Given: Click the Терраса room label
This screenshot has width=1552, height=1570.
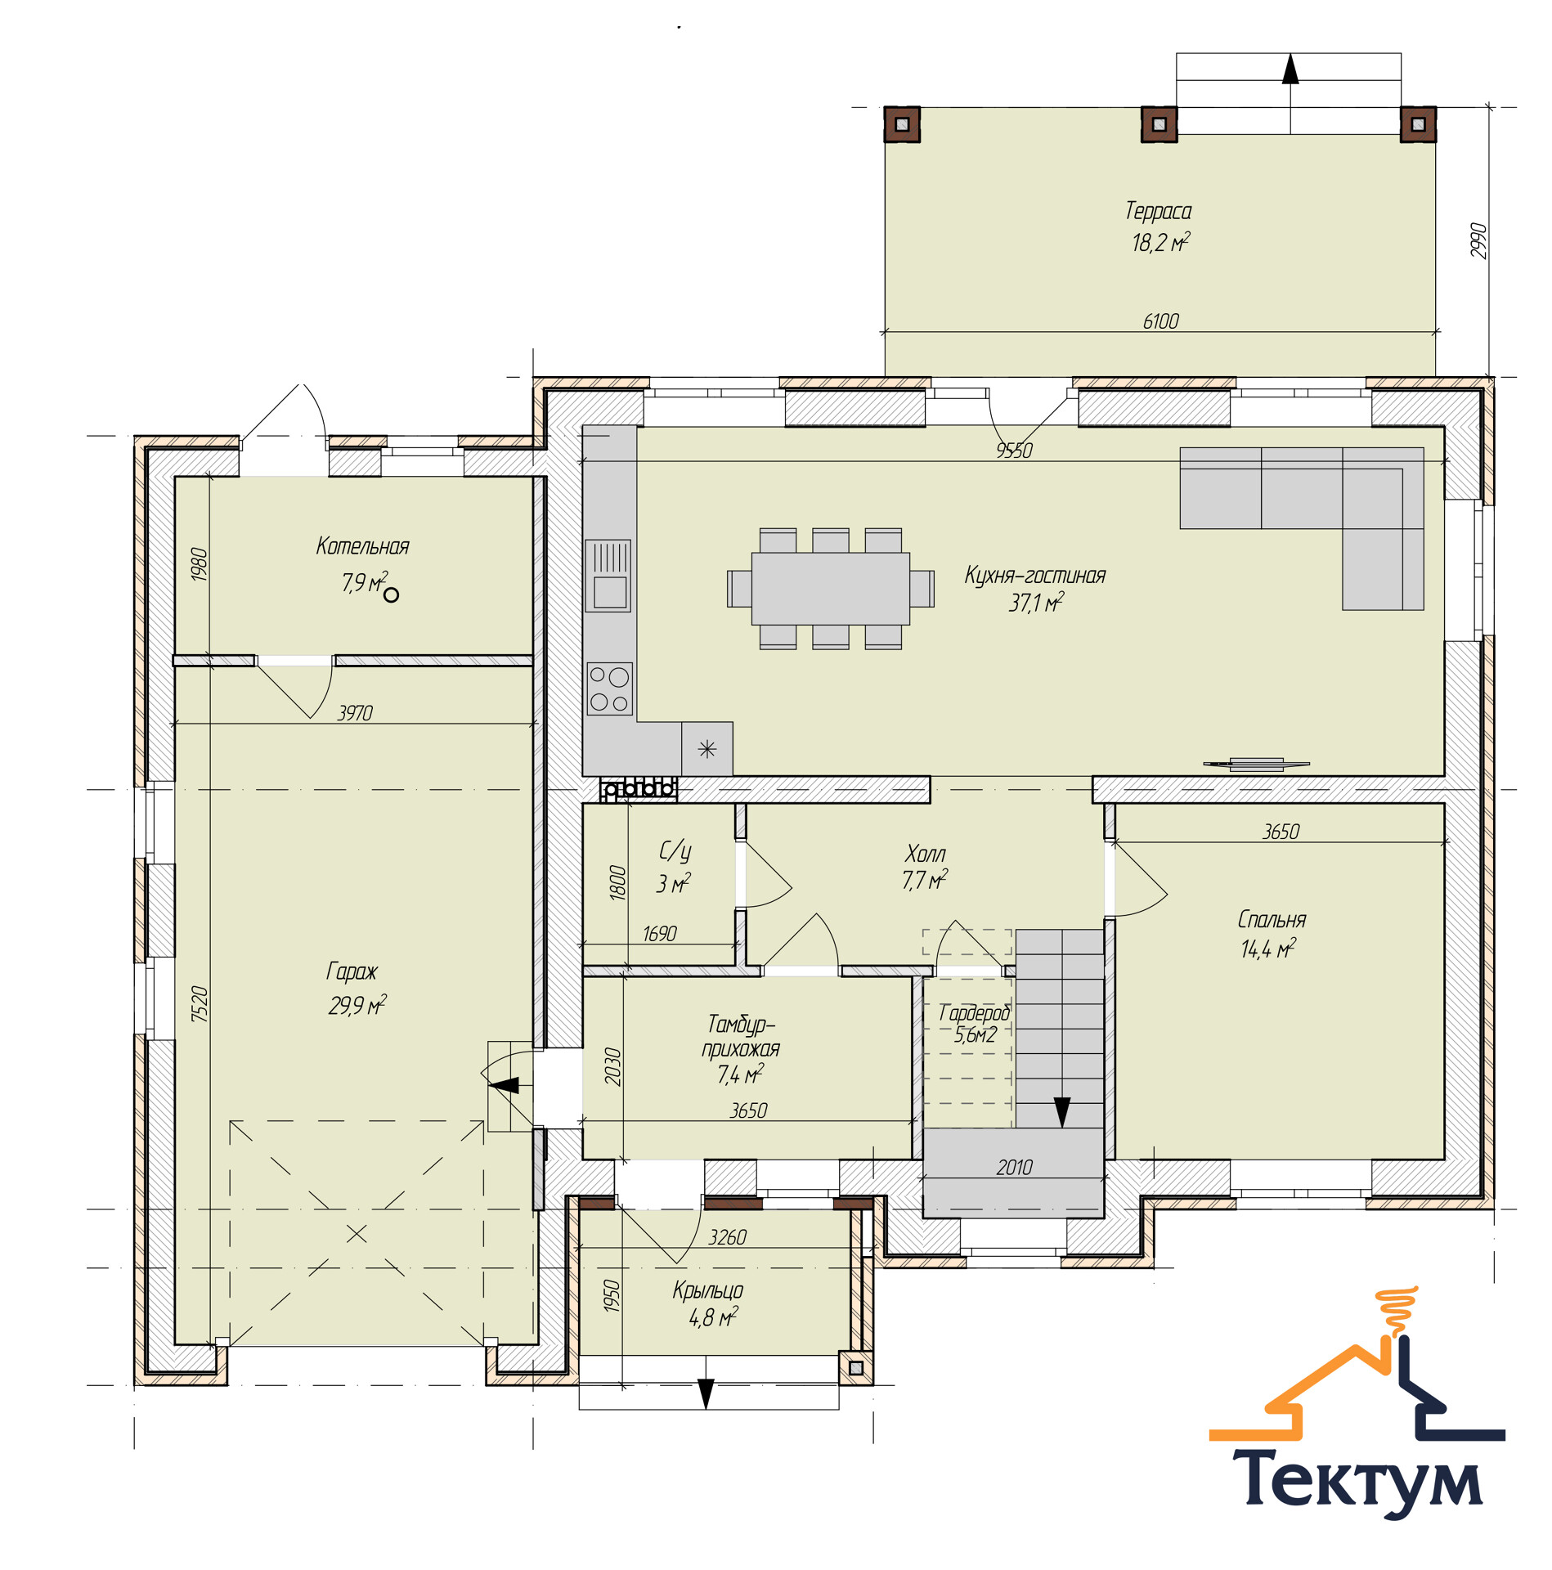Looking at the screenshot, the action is pos(1158,211).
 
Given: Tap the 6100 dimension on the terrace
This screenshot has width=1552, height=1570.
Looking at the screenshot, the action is pos(1160,321).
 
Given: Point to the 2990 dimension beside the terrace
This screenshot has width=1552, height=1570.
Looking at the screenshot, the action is pos(1478,240).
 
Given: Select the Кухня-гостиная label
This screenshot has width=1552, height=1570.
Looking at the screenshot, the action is pos(1034,575).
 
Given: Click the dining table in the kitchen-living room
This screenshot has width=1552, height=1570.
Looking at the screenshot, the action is pos(830,589).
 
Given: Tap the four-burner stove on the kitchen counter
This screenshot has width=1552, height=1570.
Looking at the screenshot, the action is pos(610,689).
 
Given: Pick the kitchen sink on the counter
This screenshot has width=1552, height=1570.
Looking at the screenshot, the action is pos(608,576).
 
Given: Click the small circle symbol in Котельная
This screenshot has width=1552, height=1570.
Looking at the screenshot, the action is pos(391,595).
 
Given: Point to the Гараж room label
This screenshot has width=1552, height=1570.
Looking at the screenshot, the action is pos(352,971).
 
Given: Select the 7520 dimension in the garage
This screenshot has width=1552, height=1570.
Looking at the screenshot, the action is pos(200,1004).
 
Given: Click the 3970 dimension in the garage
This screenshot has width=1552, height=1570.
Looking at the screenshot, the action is pos(355,713).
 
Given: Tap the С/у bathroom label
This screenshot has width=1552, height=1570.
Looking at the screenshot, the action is pos(675,851).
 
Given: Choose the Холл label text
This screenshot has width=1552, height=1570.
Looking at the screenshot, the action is pos(925,854).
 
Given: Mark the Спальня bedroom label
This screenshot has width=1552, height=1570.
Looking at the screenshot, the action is pos(1272,919).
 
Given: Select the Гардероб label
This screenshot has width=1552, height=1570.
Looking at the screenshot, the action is pos(975,1012).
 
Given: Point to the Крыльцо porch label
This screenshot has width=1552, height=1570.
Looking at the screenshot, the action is pos(708,1290).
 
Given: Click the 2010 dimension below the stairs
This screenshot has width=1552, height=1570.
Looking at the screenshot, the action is pos(1014,1168).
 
